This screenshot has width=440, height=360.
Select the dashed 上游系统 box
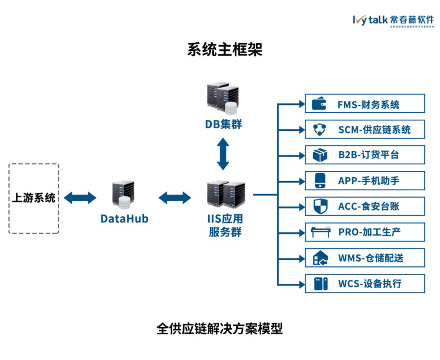point(34,198)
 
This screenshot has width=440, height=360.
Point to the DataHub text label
point(124,218)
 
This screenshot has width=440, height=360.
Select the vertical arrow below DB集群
point(223,154)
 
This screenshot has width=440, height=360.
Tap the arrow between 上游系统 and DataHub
point(80,198)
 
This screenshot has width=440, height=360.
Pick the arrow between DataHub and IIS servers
point(175,198)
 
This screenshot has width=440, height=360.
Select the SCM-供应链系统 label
point(374,130)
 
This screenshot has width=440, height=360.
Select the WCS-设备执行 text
point(370,284)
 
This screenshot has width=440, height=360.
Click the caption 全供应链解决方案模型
point(220,329)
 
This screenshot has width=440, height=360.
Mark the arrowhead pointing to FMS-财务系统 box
point(302,104)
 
